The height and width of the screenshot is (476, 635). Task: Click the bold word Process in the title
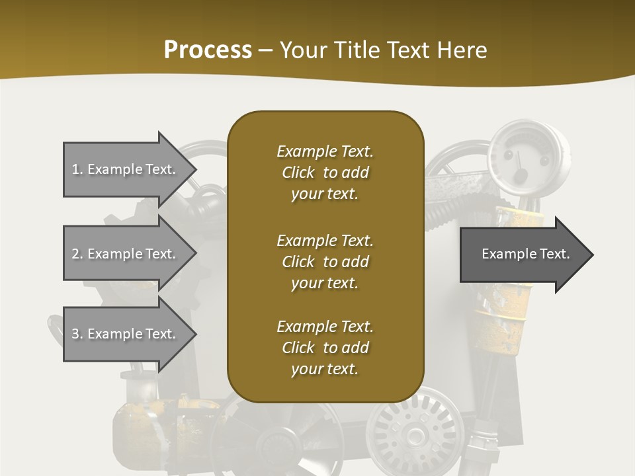[208, 50]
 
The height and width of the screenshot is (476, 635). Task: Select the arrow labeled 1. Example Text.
[126, 169]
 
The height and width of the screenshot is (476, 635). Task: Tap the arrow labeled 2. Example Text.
[126, 254]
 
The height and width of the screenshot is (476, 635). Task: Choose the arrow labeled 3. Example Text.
[126, 334]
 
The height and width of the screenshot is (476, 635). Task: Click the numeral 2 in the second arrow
[75, 254]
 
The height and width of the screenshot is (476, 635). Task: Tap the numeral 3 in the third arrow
[75, 334]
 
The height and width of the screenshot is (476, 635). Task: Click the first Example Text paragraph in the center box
[325, 173]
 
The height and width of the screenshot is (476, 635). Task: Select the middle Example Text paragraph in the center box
[325, 262]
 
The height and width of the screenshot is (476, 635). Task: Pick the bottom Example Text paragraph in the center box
[325, 348]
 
